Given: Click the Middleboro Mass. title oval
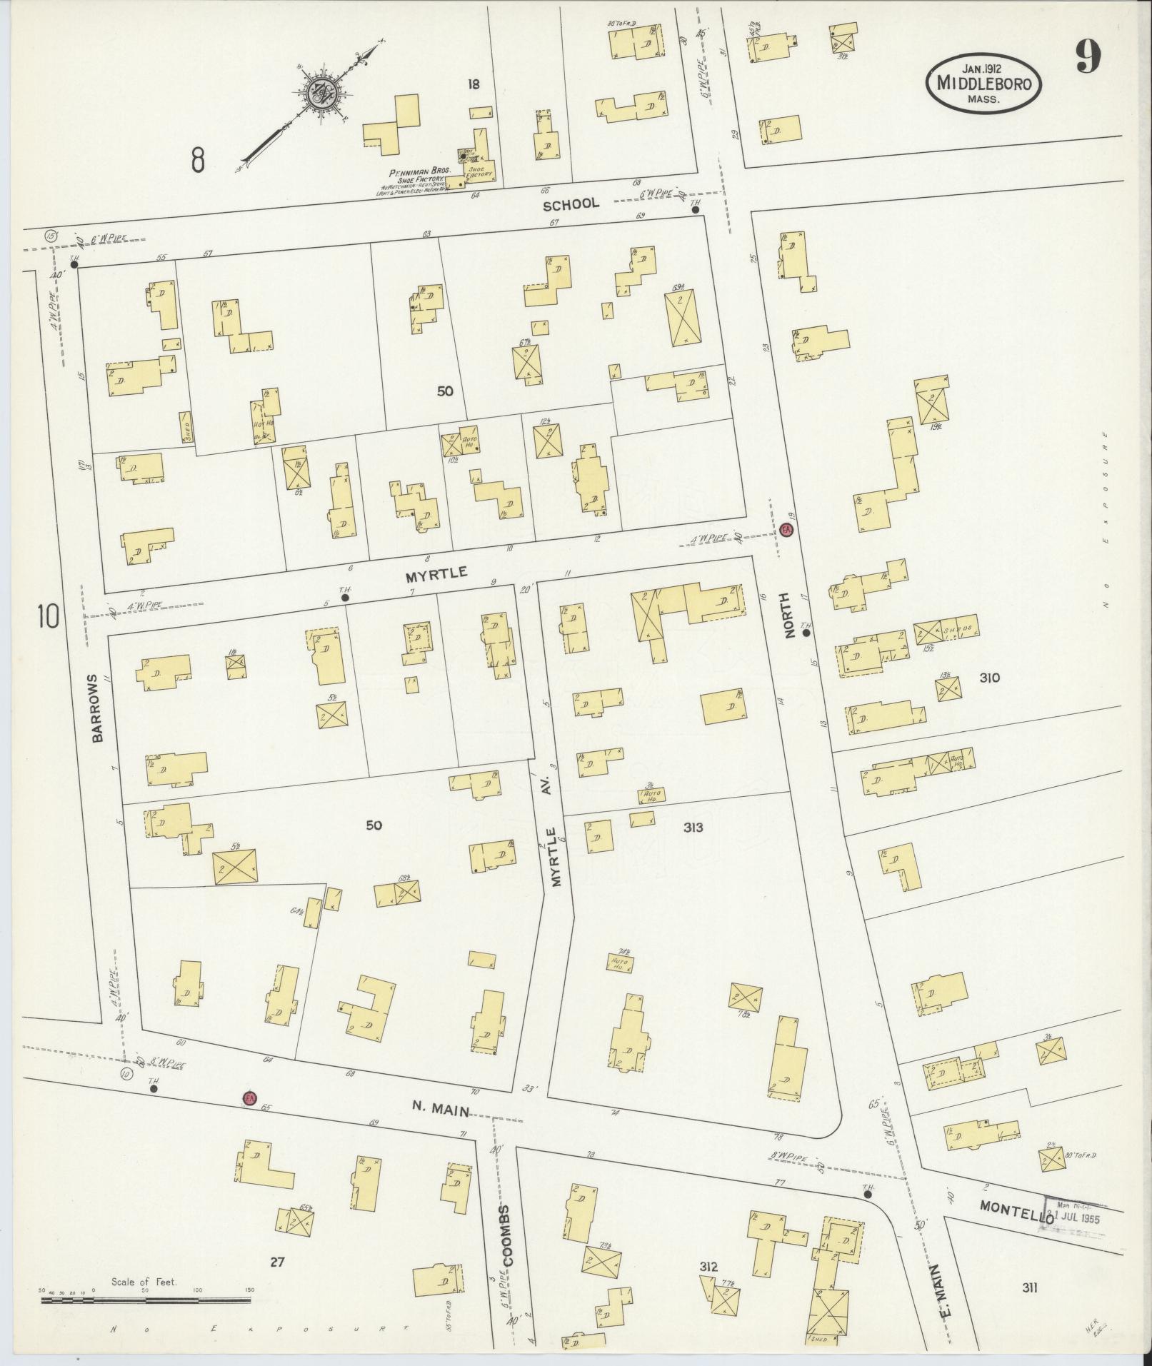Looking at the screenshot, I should click(x=983, y=84).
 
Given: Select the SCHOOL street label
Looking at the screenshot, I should click(x=571, y=204).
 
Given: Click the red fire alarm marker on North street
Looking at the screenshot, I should click(x=786, y=530).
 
